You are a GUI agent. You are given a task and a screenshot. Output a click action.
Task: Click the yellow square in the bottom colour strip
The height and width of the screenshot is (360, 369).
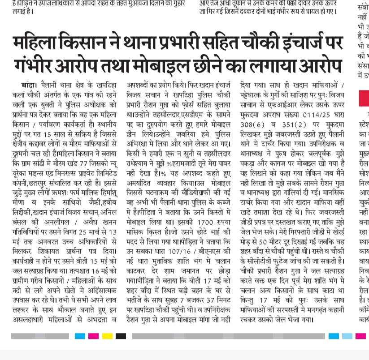tap(107, 336)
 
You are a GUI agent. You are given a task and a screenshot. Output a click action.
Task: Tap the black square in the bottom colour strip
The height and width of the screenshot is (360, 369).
tap(121, 336)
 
